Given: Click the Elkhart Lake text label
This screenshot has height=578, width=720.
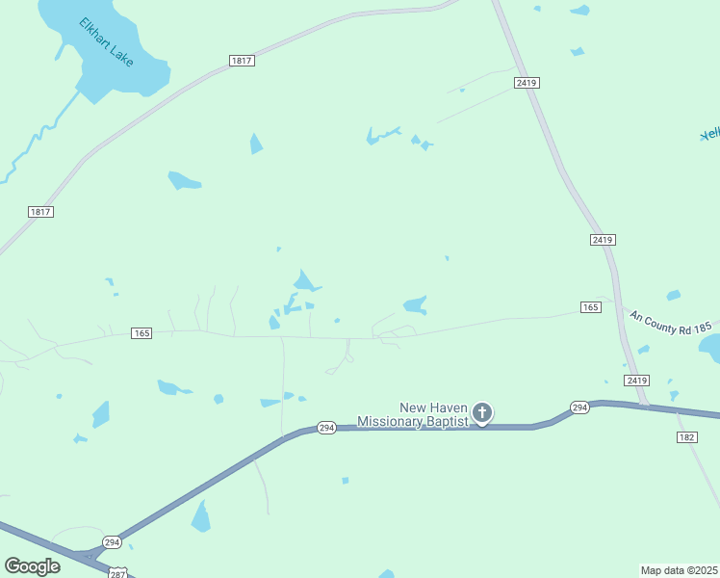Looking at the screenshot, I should point(107,41).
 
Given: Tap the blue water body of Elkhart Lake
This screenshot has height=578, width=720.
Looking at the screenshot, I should point(130,77).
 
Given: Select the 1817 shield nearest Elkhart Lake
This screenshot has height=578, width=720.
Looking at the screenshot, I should point(242,61).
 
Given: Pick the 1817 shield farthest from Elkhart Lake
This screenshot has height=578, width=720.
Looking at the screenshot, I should point(39,212).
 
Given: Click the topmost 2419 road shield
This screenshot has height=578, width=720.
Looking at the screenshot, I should point(526,83).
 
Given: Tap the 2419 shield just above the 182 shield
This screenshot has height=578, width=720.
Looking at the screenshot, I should point(636,381).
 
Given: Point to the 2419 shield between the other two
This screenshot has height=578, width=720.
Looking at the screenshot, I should point(603,239).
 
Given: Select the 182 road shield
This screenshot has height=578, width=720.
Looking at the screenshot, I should point(685,437).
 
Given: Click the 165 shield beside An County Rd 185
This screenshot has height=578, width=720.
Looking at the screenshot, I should point(591,306).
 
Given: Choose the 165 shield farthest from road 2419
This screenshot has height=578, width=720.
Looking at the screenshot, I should point(141,333).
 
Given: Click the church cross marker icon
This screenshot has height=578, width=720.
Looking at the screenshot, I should point(482,413).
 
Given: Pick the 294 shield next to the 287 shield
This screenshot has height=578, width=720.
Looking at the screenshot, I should point(112,541).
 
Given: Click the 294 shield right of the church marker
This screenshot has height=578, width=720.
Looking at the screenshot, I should point(579,407).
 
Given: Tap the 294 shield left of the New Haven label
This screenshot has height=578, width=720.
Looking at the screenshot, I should point(326,427).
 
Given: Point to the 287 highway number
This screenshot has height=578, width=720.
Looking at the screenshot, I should point(117,573).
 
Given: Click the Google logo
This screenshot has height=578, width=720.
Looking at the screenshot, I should point(32,565).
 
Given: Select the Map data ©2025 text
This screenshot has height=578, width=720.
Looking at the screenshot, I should point(680,570).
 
